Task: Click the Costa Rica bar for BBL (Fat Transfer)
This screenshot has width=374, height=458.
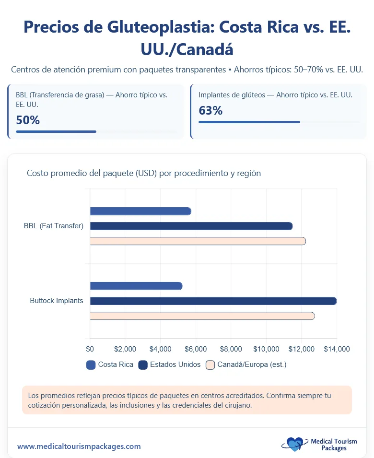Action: pos(140,211)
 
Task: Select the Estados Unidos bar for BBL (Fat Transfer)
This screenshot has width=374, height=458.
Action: pos(191,226)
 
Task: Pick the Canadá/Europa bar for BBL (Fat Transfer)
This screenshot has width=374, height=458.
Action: pos(198,241)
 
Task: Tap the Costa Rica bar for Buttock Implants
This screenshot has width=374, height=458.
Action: pos(136,286)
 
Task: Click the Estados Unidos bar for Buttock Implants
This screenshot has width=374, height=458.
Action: pos(213,301)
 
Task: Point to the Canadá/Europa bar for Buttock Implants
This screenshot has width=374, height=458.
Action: pos(202,316)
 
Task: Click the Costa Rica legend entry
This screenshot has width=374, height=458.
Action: pos(110,364)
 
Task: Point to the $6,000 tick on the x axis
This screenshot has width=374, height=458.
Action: pos(196,349)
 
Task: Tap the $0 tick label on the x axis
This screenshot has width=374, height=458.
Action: pos(90,349)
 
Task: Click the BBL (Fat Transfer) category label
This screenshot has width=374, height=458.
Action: pos(54,226)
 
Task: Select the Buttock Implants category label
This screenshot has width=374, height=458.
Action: pos(57,301)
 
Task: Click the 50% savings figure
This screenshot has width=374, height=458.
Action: pos(28,120)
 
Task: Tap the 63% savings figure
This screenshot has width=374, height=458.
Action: pos(210,111)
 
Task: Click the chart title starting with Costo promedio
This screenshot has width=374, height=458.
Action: pos(144,173)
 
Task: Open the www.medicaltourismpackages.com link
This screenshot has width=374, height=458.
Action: pos(79,446)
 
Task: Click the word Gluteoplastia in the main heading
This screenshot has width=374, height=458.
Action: pos(155,27)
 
